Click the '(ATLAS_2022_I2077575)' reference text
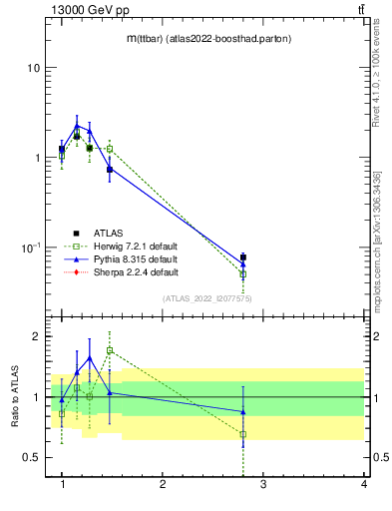pyautogui.click(x=206, y=297)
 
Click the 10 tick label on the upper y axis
pyautogui.click(x=33, y=68)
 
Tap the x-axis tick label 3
pyautogui.click(x=263, y=485)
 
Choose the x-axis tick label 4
pyautogui.click(x=363, y=485)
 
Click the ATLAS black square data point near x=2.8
pyautogui.click(x=243, y=257)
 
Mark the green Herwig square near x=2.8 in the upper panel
pyautogui.click(x=243, y=273)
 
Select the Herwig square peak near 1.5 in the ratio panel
pyautogui.click(x=110, y=350)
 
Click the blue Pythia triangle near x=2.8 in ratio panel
pyautogui.click(x=243, y=411)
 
